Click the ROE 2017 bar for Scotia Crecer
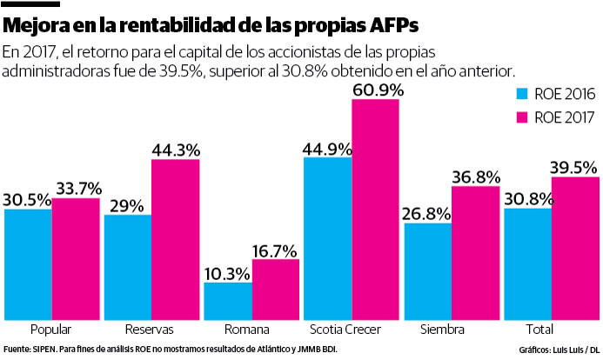click(x=375, y=210)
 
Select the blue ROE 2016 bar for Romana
click(x=227, y=301)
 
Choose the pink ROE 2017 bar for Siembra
click(x=474, y=252)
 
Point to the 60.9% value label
click(x=375, y=89)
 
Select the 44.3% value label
click(x=176, y=149)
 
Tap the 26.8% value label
click(x=426, y=213)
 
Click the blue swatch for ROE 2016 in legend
click(x=522, y=95)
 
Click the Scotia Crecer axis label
click(x=351, y=330)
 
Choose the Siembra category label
click(x=450, y=330)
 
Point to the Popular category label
click(x=50, y=330)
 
